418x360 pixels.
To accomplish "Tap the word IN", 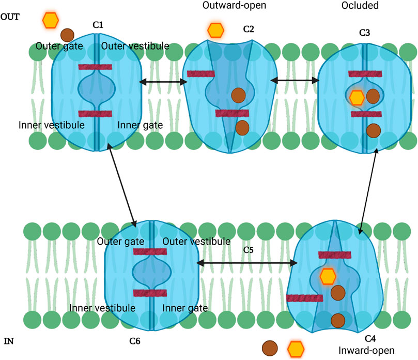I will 9,341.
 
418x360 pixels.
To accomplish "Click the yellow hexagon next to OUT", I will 50,20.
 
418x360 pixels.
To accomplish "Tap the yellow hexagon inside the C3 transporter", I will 357,97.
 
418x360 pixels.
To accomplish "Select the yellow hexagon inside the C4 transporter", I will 328,276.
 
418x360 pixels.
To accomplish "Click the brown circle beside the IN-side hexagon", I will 269,348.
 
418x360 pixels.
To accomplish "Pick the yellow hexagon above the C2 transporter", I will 215,29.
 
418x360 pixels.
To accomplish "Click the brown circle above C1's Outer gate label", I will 67,35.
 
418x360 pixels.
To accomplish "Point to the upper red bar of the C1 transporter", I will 95,67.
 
